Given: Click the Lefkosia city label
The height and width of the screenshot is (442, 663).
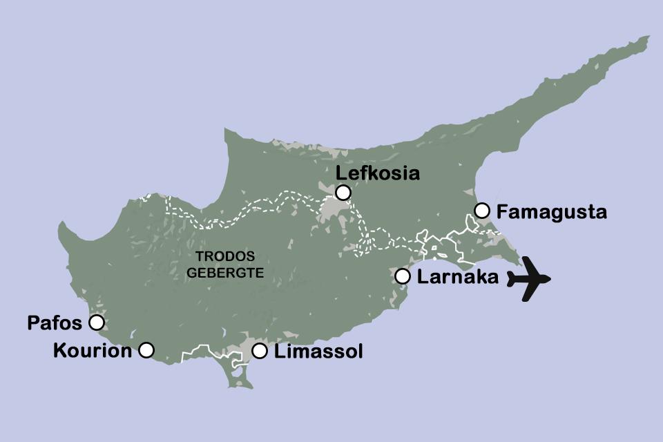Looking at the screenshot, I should [x=377, y=173].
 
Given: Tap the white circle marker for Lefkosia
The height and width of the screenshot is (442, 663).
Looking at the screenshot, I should [x=343, y=193].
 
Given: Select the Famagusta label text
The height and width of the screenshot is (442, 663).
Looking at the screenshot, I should [x=552, y=211].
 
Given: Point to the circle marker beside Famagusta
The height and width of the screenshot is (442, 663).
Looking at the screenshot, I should [x=482, y=210].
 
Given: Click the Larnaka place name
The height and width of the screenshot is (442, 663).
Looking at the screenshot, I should [x=458, y=278].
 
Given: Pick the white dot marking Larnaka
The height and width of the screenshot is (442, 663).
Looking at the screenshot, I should [x=403, y=276].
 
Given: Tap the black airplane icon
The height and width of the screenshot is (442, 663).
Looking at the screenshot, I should [x=529, y=279].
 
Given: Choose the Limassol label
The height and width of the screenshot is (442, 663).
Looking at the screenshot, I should [x=318, y=352].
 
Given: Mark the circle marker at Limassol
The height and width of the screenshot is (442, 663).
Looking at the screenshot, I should [x=260, y=351].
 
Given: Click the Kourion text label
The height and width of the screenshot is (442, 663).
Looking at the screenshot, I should [x=92, y=351].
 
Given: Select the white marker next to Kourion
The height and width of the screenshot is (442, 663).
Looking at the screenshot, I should [x=146, y=350].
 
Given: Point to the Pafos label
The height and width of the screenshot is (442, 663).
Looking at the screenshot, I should [x=55, y=323].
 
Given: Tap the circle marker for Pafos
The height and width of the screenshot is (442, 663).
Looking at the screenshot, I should [x=97, y=323].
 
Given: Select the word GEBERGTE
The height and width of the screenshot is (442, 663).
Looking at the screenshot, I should [x=225, y=272].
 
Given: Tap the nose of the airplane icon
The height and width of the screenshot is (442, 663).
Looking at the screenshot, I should [x=549, y=279].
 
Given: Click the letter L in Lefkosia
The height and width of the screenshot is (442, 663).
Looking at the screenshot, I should [x=339, y=173].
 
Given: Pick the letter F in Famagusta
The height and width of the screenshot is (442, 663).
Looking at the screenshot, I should [x=502, y=211].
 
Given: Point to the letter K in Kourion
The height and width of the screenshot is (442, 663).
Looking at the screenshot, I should [x=59, y=351].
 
